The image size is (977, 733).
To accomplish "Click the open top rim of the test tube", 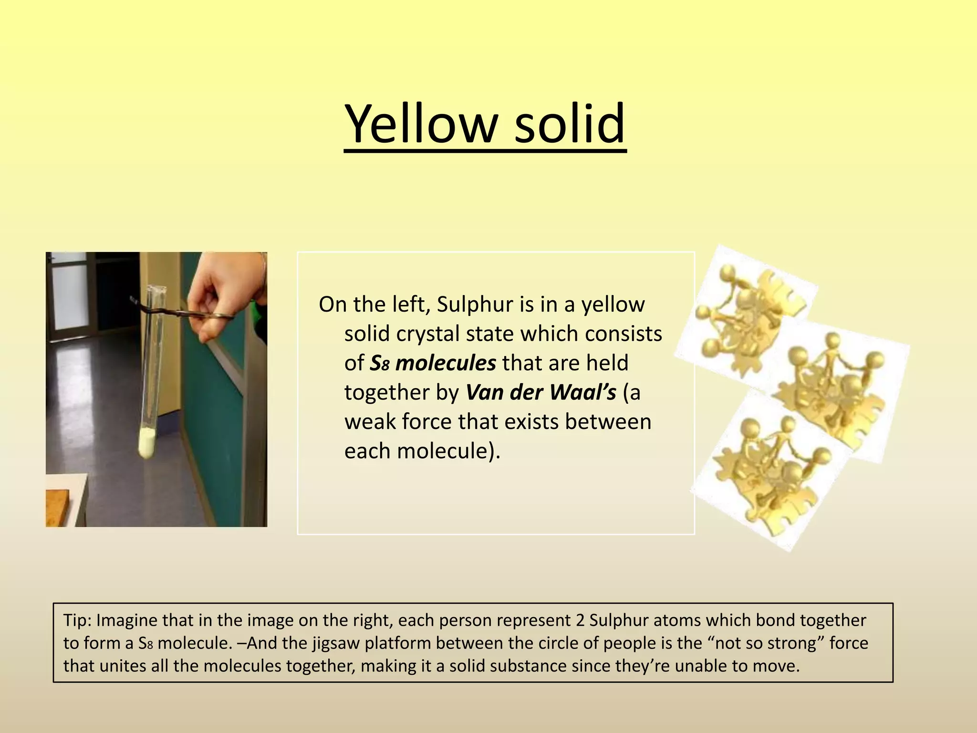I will click(x=156, y=288).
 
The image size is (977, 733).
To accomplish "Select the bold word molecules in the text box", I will click(x=446, y=363).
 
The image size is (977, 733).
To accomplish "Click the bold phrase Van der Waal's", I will click(x=540, y=392).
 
